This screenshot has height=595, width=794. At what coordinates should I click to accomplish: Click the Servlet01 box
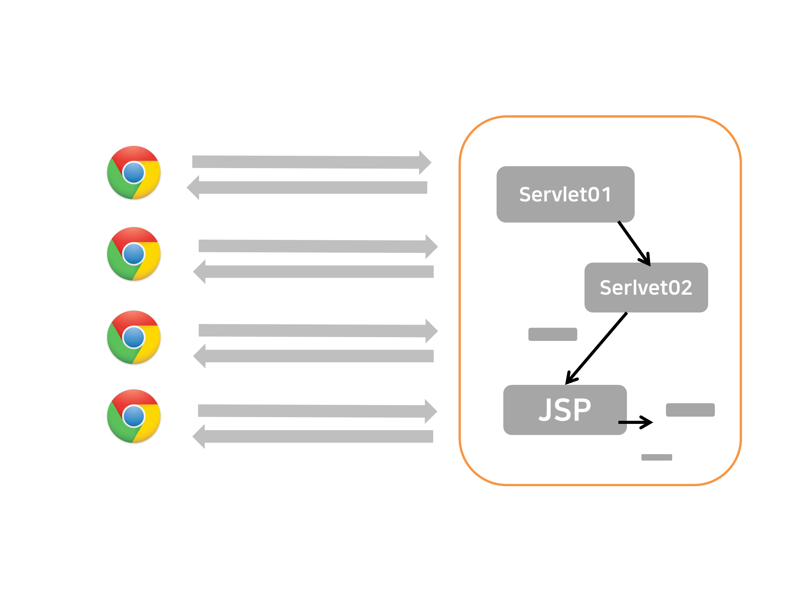(x=565, y=194)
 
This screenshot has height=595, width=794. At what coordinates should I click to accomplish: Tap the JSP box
(x=565, y=410)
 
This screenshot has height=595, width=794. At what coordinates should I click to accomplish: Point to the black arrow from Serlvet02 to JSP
(x=597, y=348)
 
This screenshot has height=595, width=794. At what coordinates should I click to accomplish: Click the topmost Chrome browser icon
(x=134, y=172)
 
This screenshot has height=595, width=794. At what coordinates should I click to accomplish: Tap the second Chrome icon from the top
(x=134, y=254)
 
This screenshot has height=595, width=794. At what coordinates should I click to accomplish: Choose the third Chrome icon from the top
(x=134, y=337)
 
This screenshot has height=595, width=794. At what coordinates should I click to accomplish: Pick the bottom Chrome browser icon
(x=134, y=416)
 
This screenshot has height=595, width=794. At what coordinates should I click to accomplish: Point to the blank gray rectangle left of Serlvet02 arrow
(x=552, y=334)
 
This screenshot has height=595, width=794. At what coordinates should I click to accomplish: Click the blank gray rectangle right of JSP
(x=690, y=410)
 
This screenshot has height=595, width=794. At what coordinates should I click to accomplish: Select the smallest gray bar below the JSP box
(x=656, y=457)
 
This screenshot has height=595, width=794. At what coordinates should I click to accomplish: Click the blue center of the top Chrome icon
(x=134, y=172)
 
